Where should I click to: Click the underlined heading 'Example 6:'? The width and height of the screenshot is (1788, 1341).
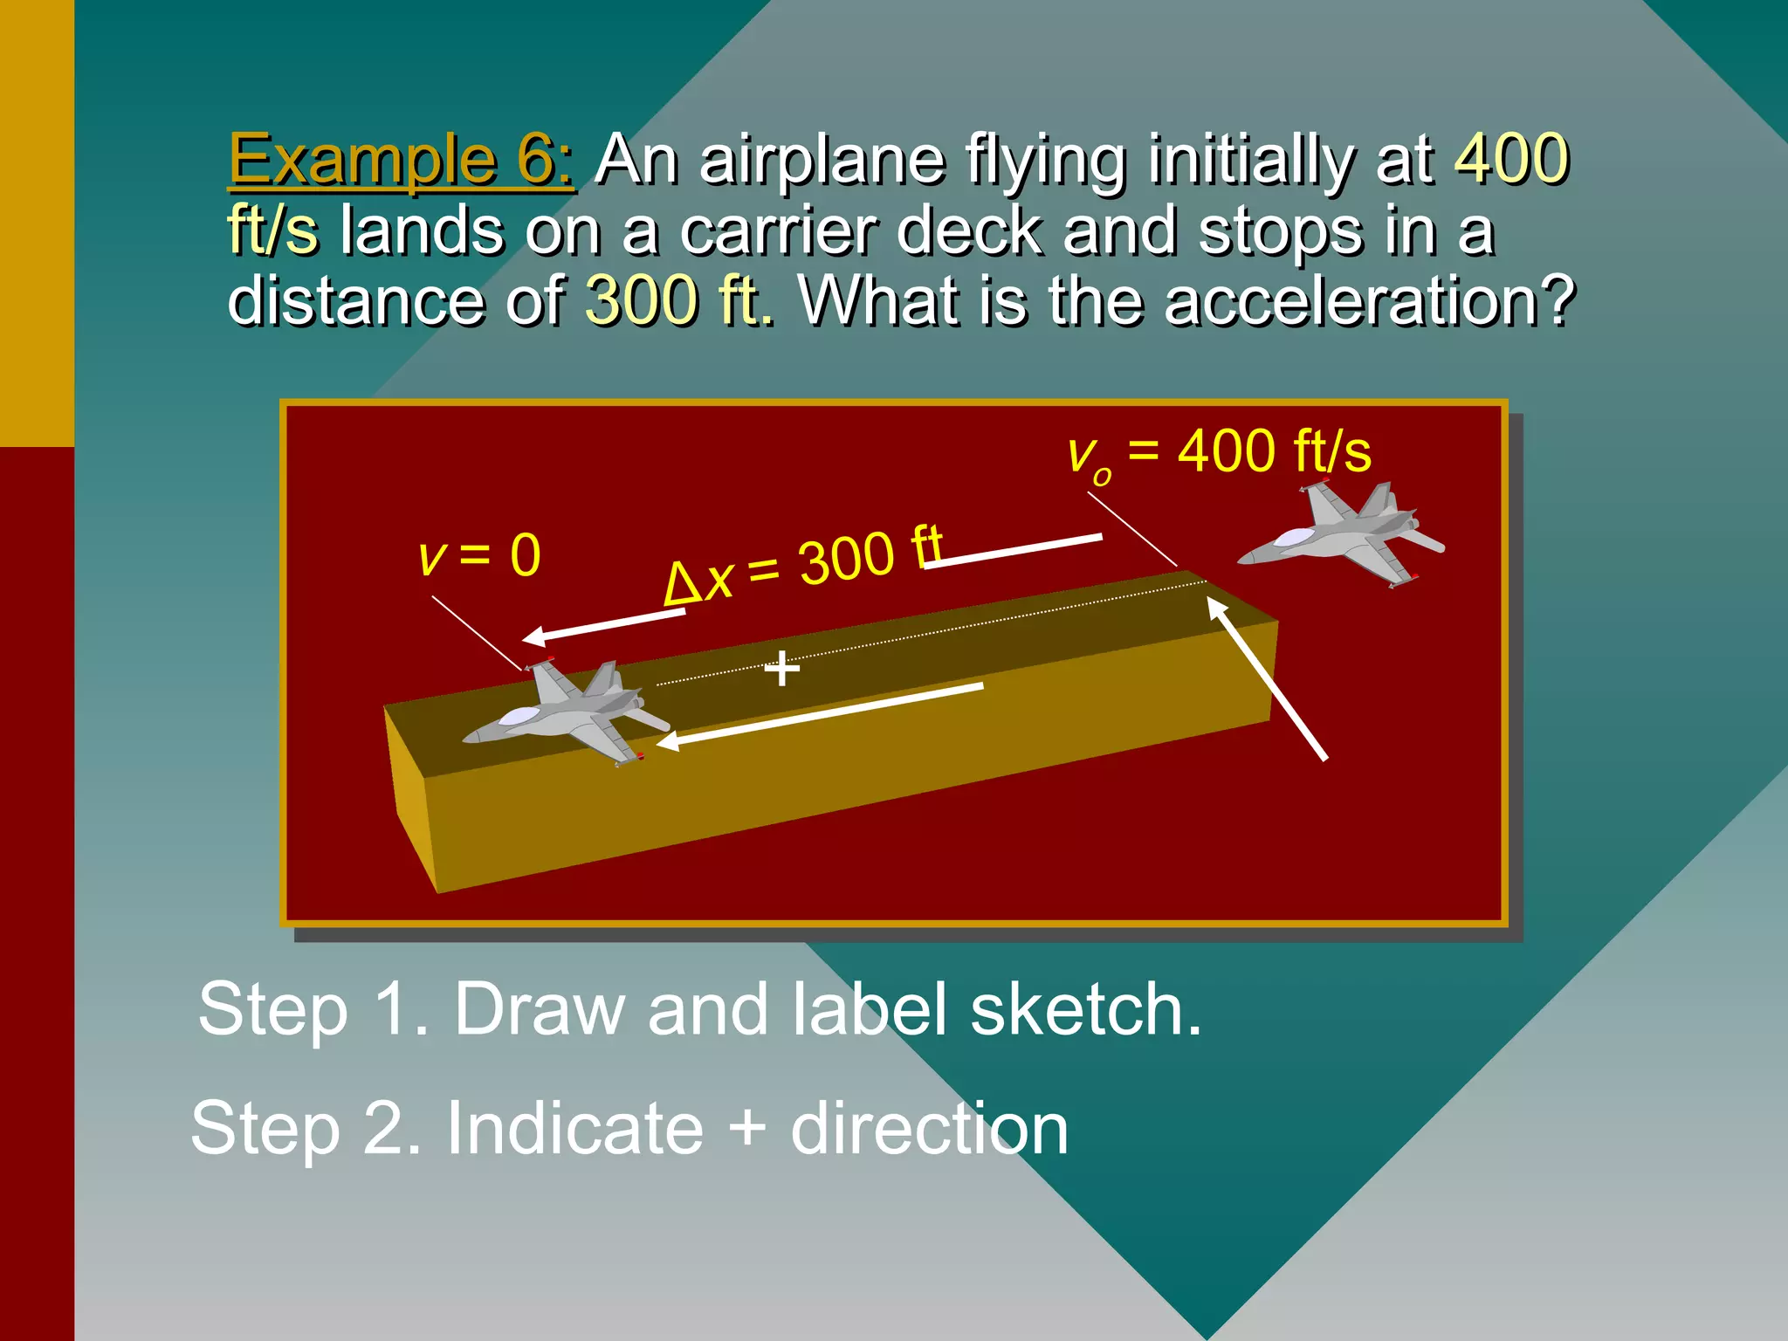coord(401,161)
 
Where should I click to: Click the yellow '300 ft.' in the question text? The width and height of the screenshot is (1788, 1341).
coord(678,300)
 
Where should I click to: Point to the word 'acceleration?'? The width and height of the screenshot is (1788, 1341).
coord(1370,300)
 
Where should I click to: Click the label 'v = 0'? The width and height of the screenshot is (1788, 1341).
coord(479,555)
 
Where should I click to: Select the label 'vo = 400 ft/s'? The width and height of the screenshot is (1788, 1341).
coord(1219,453)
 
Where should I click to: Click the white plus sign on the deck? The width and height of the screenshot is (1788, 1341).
coord(781,670)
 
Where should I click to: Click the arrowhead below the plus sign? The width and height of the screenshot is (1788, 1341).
coord(667,742)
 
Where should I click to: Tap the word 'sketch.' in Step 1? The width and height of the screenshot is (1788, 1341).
coord(1086,1009)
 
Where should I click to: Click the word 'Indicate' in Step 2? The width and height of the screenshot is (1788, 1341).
coord(574,1128)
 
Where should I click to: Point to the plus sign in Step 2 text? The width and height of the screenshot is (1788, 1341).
coord(746,1128)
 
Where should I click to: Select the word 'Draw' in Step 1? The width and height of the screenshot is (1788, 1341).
coord(539,1009)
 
